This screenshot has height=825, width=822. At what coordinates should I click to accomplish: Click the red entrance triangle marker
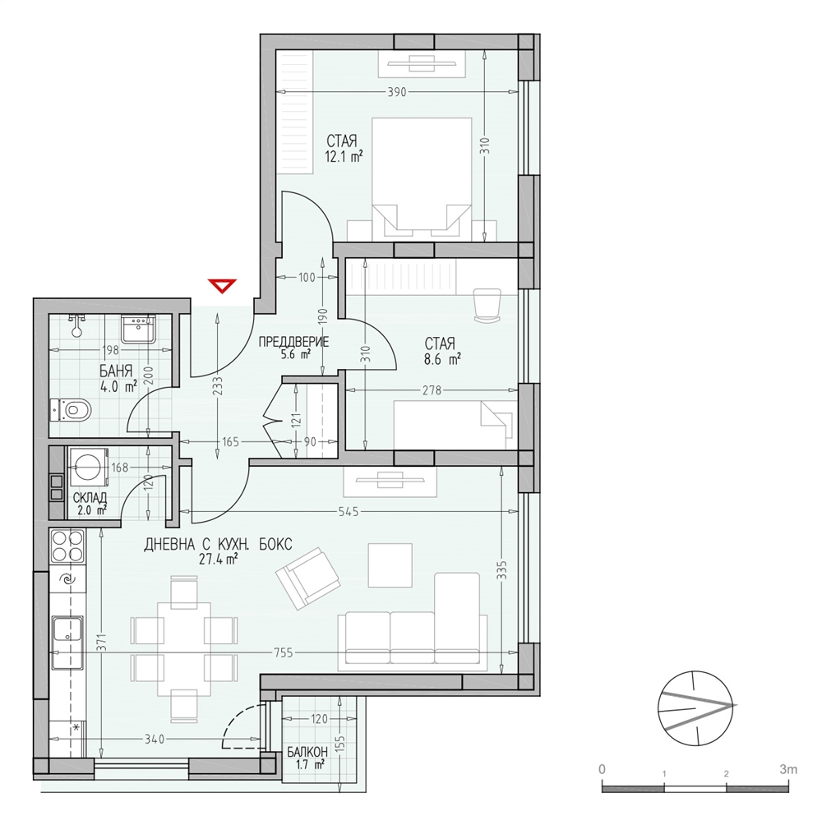coord(222,286)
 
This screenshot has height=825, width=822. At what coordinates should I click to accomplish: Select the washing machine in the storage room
coord(87,466)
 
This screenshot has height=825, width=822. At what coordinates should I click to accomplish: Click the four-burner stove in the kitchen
coord(67,546)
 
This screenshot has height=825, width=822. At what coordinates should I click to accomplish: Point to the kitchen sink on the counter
coord(67,629)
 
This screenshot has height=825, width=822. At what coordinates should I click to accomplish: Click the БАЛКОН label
coord(308,753)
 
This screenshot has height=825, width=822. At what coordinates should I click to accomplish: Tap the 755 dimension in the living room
coord(283,653)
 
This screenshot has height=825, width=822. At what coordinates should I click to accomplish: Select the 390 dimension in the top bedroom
coord(396,92)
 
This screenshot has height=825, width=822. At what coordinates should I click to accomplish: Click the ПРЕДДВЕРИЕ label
coord(293,342)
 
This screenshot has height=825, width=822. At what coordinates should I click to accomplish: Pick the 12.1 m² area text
coord(344,156)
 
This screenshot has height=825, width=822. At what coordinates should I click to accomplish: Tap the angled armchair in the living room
coord(308,578)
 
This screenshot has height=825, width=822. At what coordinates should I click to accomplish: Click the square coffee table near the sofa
coord(390,565)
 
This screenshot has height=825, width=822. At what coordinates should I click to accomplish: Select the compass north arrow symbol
coord(697,708)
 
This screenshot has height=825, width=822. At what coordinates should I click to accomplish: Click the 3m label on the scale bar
coord(788,769)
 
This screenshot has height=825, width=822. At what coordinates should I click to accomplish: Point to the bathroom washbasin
coord(138,329)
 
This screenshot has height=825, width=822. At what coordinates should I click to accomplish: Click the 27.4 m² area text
coord(217,560)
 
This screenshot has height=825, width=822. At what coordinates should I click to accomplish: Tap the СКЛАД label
coord(90,497)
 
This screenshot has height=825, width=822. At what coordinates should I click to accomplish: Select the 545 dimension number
coord(349,511)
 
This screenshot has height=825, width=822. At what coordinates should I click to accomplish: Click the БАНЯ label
coord(116,371)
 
